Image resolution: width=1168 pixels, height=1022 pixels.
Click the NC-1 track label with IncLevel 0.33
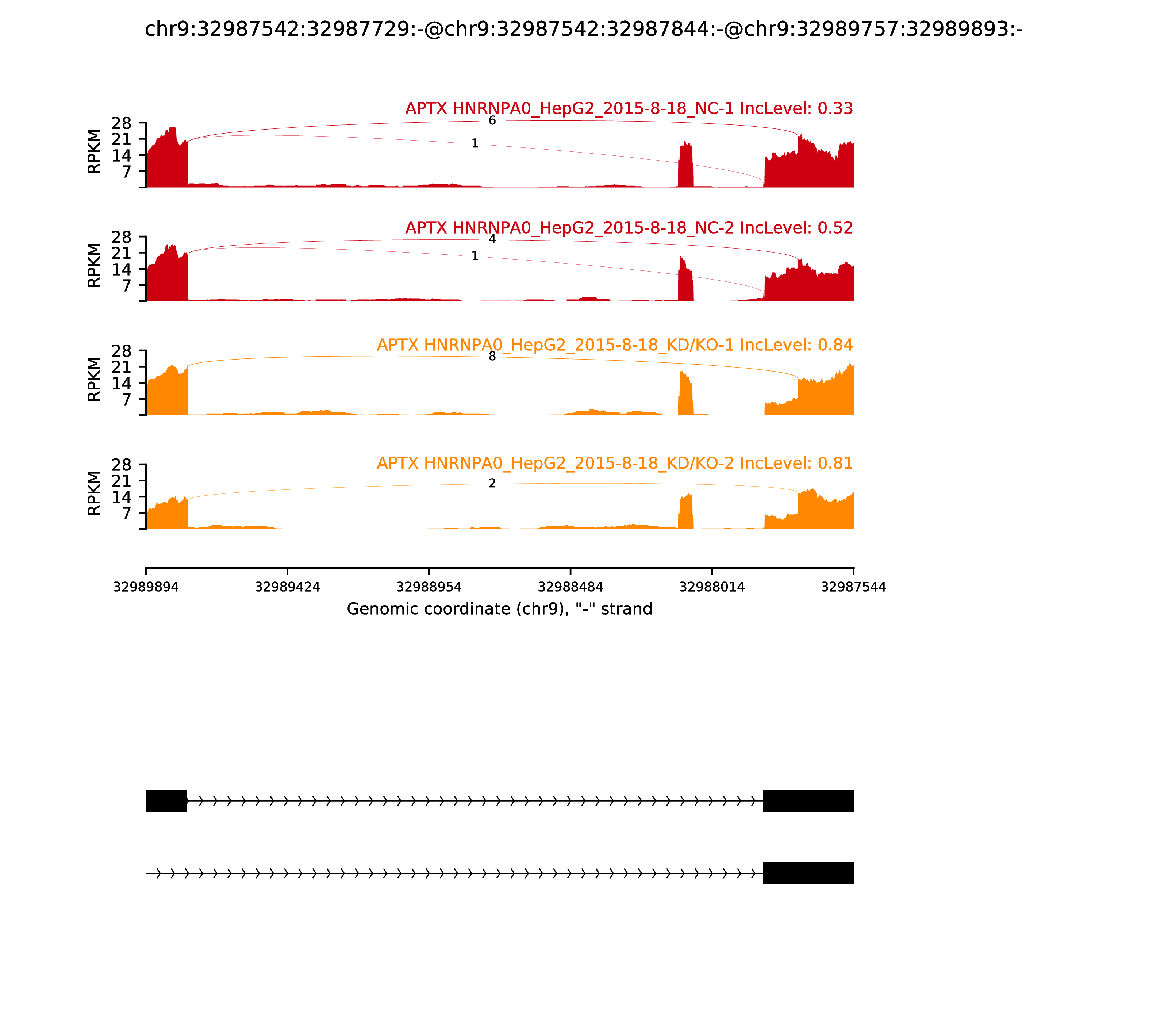click(629, 108)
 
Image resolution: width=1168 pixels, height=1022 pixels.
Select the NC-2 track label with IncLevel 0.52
click(629, 227)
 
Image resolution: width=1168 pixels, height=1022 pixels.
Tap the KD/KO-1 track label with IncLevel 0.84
click(615, 345)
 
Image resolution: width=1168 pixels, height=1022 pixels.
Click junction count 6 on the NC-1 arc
click(492, 121)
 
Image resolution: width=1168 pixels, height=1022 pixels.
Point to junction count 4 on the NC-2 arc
click(492, 239)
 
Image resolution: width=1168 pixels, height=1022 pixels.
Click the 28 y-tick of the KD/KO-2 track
click(122, 465)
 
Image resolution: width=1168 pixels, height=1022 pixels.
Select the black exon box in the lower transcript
click(808, 873)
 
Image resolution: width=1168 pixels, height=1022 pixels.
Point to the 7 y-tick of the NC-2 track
click(127, 285)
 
